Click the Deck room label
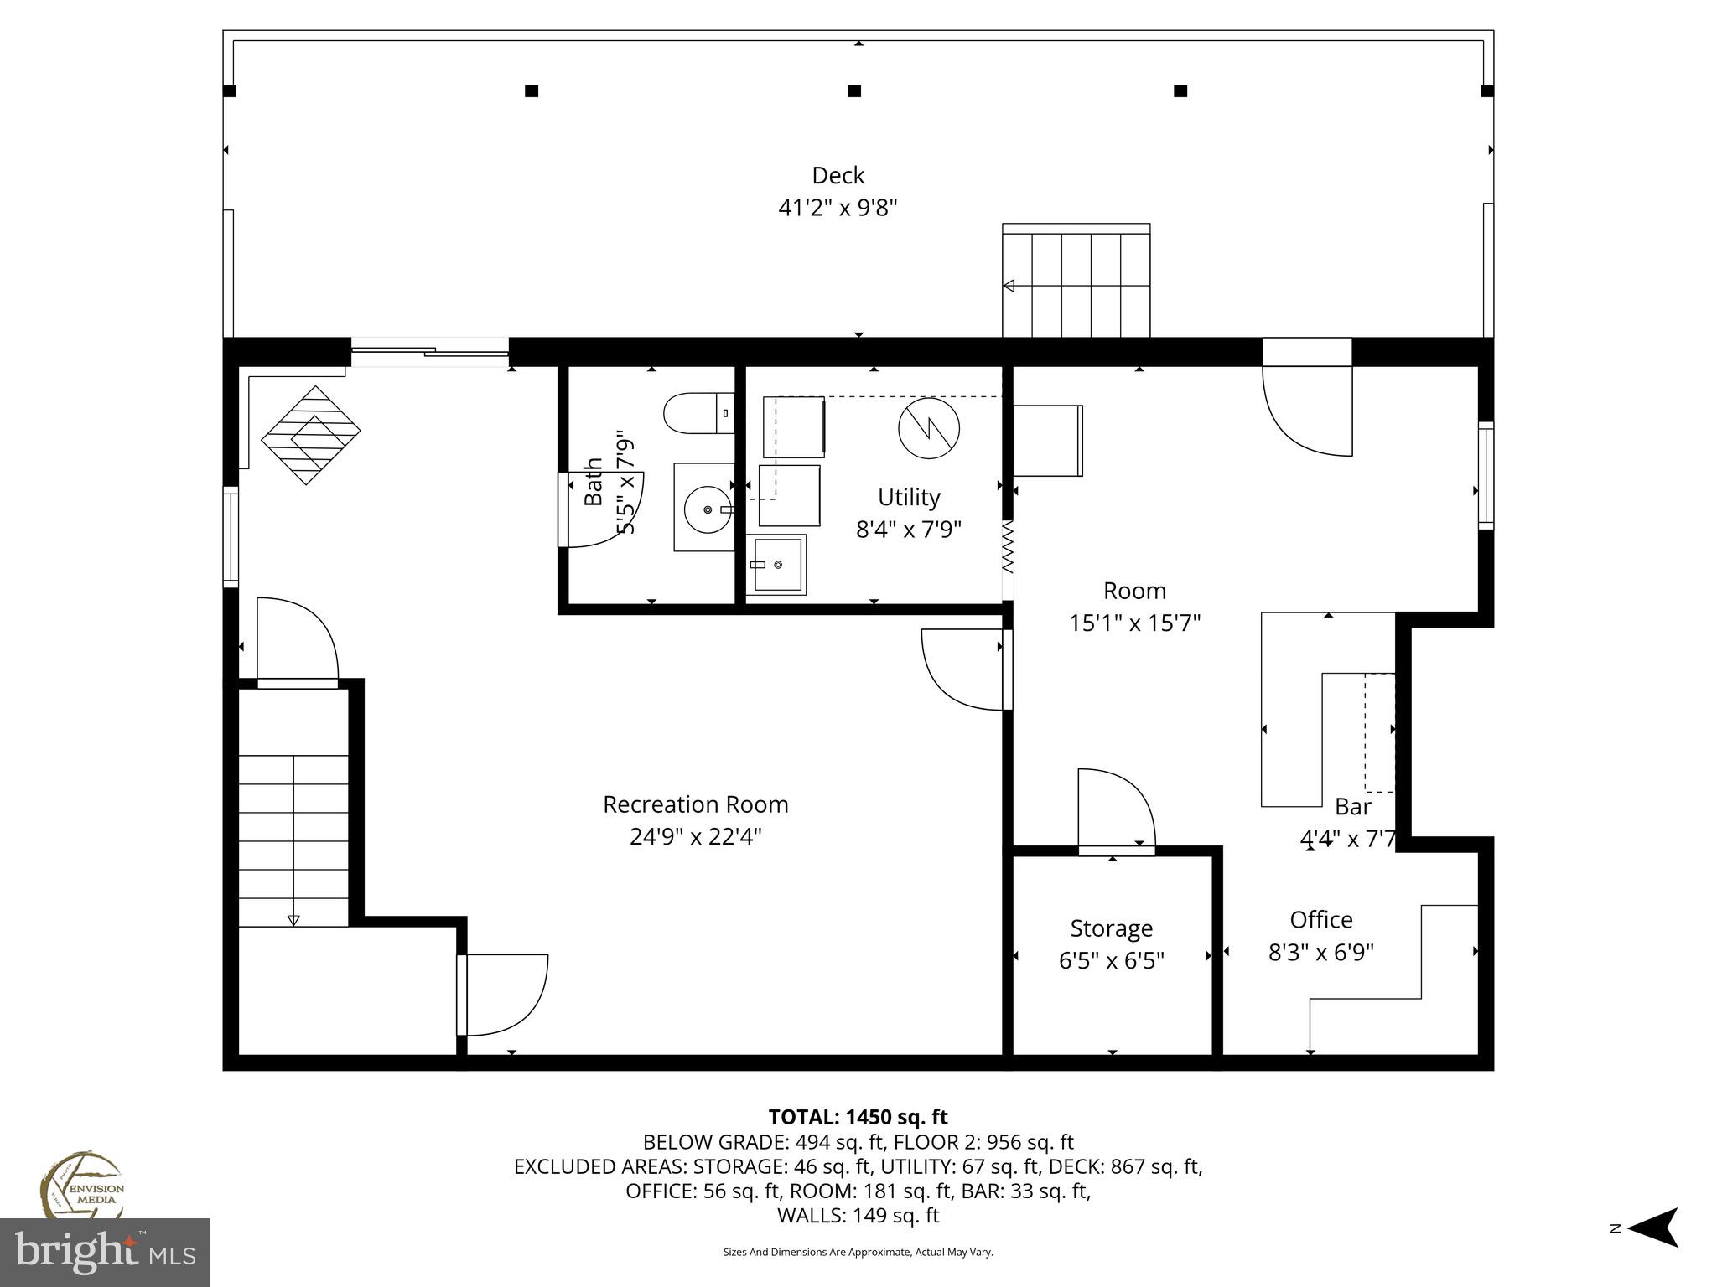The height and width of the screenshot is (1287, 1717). [x=838, y=175]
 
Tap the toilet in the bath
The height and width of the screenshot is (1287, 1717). [x=697, y=414]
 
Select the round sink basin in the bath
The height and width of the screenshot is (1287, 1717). [x=707, y=509]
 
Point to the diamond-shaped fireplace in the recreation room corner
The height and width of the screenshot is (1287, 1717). [x=310, y=434]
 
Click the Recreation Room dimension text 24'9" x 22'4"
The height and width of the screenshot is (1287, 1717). [x=695, y=836]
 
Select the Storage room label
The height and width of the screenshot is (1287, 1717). [x=1111, y=928]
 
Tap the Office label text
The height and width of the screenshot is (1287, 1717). [x=1320, y=919]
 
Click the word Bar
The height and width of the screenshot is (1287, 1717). [x=1352, y=806]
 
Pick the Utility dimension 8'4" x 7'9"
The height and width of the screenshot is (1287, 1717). [x=908, y=530]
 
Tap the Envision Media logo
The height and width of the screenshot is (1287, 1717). [x=81, y=1186]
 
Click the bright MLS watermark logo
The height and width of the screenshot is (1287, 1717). [x=104, y=1252]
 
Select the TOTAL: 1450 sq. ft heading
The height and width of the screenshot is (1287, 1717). [x=858, y=1117]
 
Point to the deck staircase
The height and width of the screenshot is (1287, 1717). [x=1076, y=281]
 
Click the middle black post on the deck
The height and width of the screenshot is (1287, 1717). [x=854, y=90]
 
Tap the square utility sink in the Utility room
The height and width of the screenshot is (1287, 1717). [x=776, y=565]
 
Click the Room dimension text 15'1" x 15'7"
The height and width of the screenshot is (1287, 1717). [x=1134, y=623]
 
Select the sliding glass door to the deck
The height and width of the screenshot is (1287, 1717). [x=429, y=353]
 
